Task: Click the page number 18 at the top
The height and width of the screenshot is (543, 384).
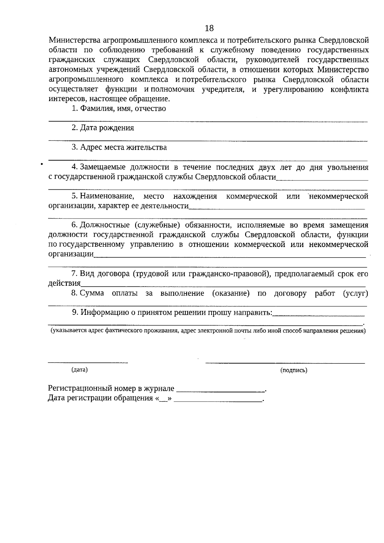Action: (x=209, y=28)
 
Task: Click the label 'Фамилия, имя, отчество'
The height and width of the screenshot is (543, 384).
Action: (x=123, y=108)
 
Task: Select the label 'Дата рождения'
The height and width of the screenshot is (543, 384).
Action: (x=107, y=128)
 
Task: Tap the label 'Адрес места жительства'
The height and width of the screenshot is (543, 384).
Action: (x=123, y=147)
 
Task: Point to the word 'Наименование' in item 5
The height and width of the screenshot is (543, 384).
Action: (x=107, y=196)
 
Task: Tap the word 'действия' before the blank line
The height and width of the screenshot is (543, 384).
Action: (x=64, y=283)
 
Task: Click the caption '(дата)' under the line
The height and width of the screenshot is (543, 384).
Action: (x=79, y=370)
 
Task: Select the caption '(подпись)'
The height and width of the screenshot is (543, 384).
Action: (x=294, y=370)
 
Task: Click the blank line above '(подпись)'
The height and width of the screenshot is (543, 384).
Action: (x=285, y=363)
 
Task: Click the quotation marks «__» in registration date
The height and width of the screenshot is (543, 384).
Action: (x=164, y=398)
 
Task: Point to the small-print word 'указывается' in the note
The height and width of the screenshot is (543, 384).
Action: (x=68, y=331)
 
